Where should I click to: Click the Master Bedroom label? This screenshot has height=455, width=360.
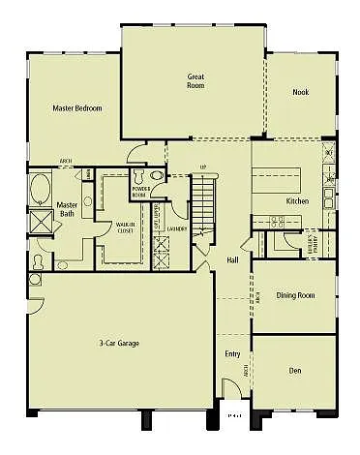coord(77,108)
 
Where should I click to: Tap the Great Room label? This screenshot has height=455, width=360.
coord(195,79)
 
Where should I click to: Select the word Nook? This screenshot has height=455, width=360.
coord(300,92)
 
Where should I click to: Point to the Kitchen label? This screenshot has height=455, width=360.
coord(296,201)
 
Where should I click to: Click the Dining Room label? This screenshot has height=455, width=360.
coord(296,295)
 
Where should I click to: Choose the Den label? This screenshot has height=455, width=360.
coord(295,371)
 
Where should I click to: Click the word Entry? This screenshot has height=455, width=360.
coord(232,353)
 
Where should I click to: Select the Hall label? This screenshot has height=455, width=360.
coord(232,260)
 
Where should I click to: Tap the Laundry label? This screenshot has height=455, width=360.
coord(176,229)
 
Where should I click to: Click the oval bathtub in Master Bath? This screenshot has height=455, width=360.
coord(41,189)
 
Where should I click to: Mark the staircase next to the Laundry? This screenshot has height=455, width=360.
coord(201,208)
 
